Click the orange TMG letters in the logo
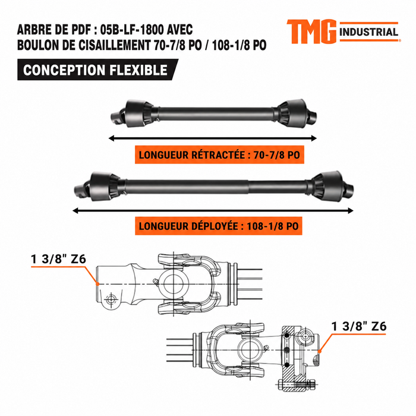click(311, 31)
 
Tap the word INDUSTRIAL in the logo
click(369, 32)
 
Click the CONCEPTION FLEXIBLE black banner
click(97, 70)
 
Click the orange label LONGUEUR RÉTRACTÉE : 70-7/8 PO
click(219, 155)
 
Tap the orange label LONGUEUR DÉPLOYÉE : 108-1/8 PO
click(219, 226)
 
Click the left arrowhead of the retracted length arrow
click(112, 138)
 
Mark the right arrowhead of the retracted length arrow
click(314, 138)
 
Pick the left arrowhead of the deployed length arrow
click(75, 211)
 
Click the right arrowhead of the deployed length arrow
click(351, 211)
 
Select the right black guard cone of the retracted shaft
click(292, 113)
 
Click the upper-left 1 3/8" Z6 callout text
click(59, 259)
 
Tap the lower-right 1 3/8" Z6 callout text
click(359, 326)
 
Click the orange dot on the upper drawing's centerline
click(97, 284)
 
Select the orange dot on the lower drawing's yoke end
click(320, 352)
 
